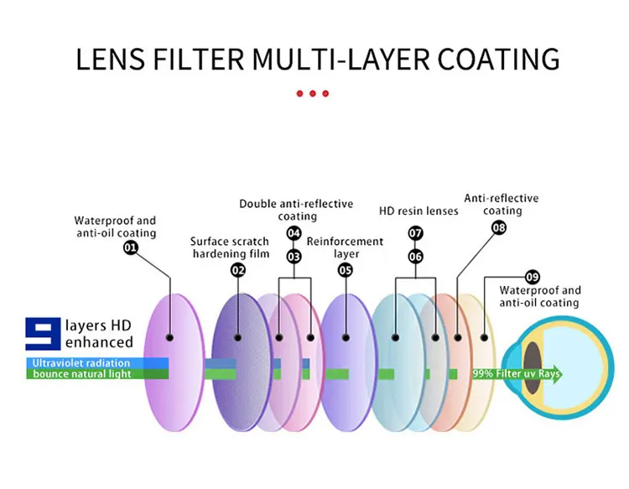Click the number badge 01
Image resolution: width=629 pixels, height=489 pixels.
point(131,247)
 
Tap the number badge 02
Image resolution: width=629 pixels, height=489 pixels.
point(238,269)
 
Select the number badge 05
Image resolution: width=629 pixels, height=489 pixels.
point(346,269)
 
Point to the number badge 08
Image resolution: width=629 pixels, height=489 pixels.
point(499,227)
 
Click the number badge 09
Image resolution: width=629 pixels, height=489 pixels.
point(532,277)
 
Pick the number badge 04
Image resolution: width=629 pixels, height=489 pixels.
point(294,232)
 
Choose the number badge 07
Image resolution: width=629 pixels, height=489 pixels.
point(416,232)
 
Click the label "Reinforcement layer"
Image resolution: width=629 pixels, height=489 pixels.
point(345,247)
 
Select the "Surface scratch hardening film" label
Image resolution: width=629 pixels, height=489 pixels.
point(230,247)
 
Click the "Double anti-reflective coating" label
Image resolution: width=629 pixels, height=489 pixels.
point(296,210)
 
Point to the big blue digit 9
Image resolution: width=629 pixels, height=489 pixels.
point(40,334)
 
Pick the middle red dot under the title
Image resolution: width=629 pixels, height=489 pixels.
point(313,93)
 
